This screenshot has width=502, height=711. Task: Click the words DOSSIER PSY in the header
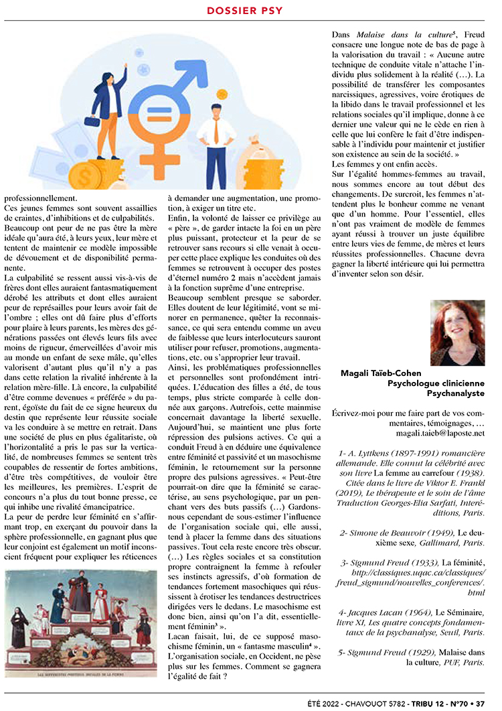pyautogui.click(x=245, y=10)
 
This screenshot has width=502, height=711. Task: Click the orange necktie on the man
pyautogui.click(x=216, y=131)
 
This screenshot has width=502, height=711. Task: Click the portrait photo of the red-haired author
pyautogui.click(x=457, y=332)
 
